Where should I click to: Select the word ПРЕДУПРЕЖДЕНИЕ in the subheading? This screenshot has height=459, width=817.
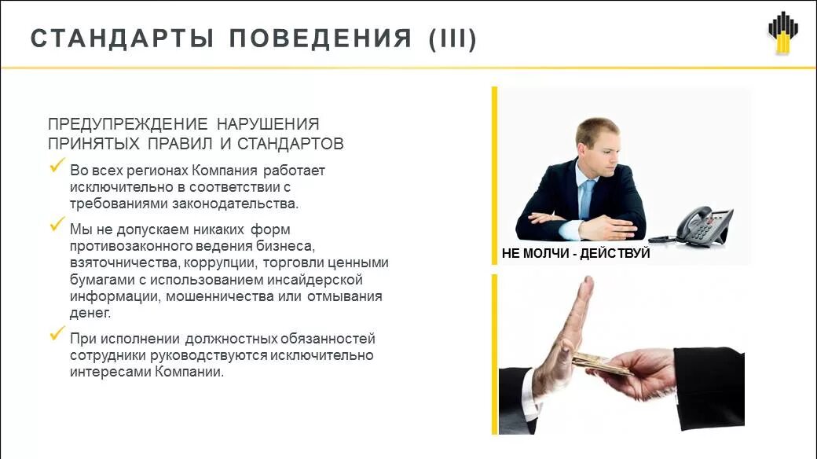(128, 125)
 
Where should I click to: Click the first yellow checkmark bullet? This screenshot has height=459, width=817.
(57, 167)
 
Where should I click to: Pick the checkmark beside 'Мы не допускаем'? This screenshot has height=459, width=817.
(57, 226)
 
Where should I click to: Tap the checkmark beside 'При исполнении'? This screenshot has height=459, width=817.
(57, 334)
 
